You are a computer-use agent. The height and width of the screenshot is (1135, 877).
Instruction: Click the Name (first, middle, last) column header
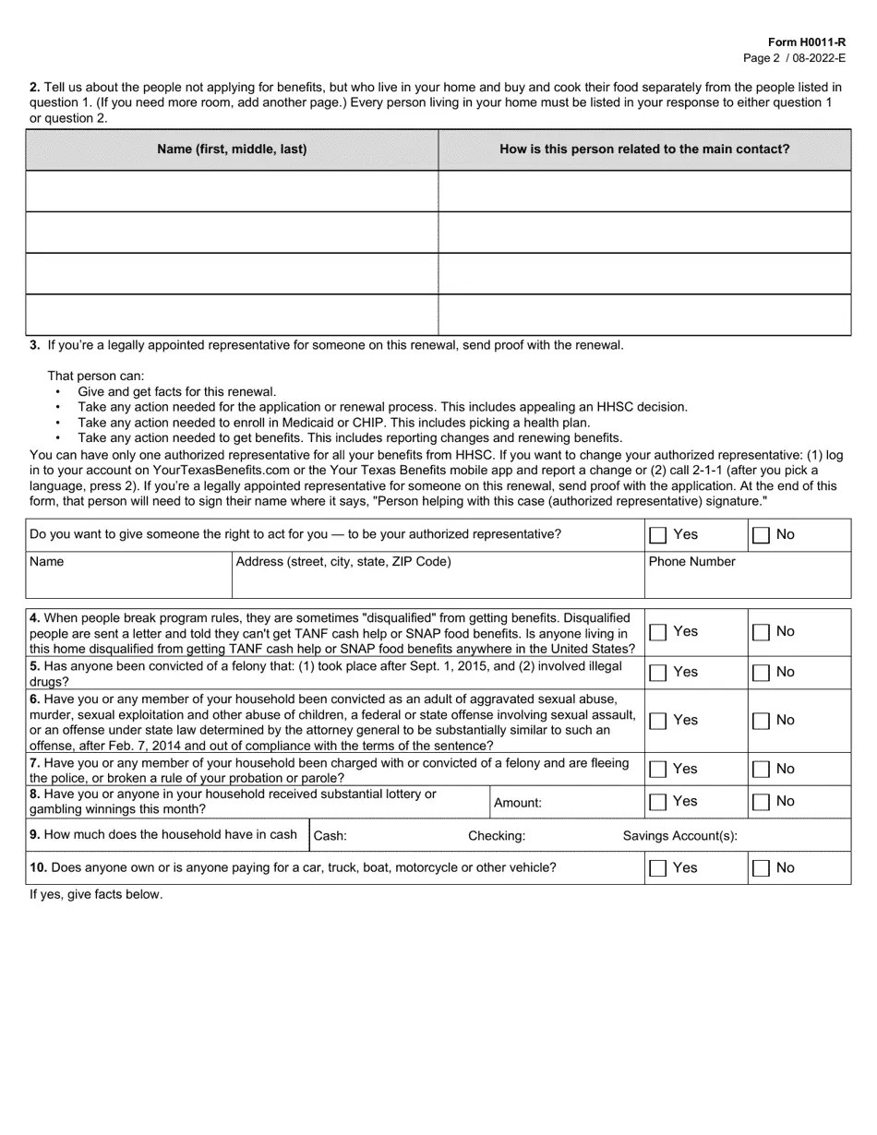coord(232,149)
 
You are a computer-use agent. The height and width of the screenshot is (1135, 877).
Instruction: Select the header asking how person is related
coord(644,149)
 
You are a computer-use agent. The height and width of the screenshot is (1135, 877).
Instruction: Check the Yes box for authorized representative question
coord(658,535)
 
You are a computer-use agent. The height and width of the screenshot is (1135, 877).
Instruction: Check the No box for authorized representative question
coord(761,535)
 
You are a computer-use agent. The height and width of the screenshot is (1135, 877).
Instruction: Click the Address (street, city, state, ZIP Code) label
coord(343,562)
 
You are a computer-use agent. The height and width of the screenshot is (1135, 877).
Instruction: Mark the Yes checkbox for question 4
coord(658,632)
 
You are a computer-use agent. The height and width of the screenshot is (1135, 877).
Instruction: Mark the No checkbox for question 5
coord(761,673)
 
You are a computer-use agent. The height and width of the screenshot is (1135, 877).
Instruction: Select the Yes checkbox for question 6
coord(658,721)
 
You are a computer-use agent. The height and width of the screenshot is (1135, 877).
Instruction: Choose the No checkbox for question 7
coord(761,769)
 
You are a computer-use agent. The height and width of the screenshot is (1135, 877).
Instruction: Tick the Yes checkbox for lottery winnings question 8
coord(658,802)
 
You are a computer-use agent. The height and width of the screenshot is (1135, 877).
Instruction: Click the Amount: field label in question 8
coord(518,803)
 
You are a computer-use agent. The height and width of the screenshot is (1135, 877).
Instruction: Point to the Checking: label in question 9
coord(497,836)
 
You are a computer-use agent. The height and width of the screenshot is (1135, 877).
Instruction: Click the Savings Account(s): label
coord(680,836)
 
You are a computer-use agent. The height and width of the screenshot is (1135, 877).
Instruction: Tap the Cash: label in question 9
coord(330,836)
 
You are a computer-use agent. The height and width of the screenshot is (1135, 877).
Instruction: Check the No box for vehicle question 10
coord(761,868)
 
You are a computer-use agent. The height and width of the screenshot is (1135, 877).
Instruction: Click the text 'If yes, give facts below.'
coord(96,894)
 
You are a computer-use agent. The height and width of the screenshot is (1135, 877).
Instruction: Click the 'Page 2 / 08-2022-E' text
coord(794,57)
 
